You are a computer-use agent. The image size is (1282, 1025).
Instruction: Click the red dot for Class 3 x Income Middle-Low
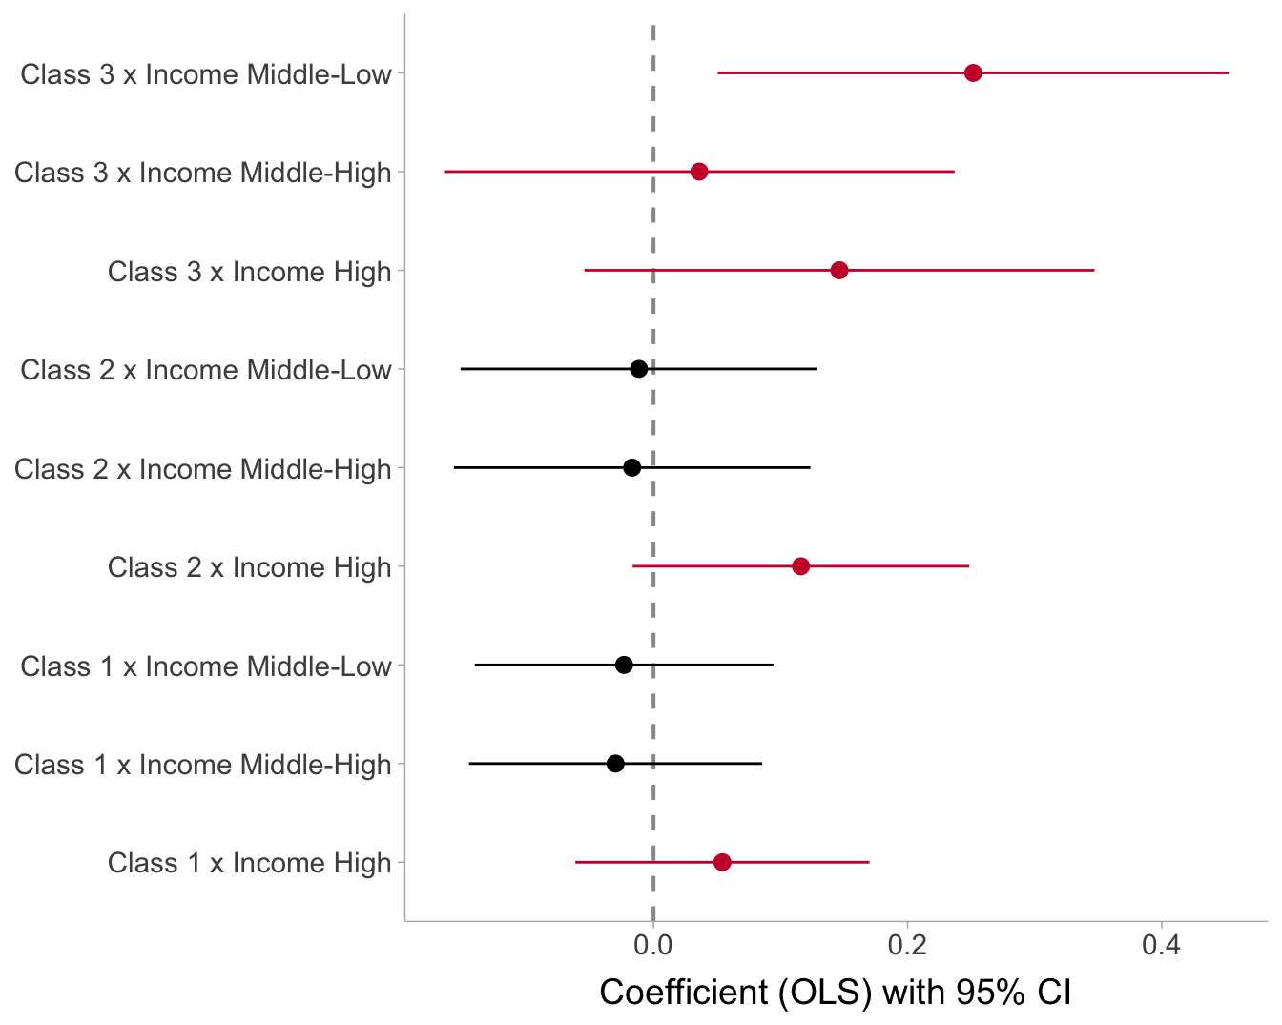(x=973, y=73)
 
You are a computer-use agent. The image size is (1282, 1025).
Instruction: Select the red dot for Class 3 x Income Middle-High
(x=699, y=172)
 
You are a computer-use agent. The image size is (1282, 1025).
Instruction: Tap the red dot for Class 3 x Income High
(x=839, y=271)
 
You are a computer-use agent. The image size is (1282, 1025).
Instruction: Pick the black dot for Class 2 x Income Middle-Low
(x=639, y=369)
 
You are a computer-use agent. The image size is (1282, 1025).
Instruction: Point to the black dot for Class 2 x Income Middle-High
(x=631, y=467)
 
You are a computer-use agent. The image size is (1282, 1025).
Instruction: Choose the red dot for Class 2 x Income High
(x=800, y=566)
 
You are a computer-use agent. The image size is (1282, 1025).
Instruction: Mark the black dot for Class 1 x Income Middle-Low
(x=624, y=665)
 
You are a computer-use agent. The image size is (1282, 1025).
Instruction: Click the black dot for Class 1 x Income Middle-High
(x=615, y=764)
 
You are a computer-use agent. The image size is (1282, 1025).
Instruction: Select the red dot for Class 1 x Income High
(x=722, y=862)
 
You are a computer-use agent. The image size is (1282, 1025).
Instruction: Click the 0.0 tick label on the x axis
(x=653, y=946)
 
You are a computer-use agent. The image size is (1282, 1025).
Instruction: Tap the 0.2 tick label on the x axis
(x=907, y=946)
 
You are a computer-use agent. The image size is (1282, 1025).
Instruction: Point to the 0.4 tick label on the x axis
(x=1161, y=946)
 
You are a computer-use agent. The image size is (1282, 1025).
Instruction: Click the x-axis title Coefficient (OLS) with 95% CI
(x=836, y=993)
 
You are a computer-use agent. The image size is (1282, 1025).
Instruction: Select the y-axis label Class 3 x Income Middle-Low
(x=206, y=74)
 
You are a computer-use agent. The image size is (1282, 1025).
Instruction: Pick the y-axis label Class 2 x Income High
(x=250, y=567)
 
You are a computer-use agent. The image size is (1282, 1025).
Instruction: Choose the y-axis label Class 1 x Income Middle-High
(x=203, y=765)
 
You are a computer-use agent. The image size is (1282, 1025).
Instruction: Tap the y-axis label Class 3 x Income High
(x=250, y=272)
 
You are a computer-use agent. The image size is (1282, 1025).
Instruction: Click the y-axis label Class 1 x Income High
(x=250, y=863)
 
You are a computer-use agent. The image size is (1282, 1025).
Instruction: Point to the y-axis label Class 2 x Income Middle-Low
(x=206, y=370)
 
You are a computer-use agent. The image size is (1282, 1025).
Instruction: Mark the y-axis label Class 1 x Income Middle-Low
(x=206, y=666)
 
